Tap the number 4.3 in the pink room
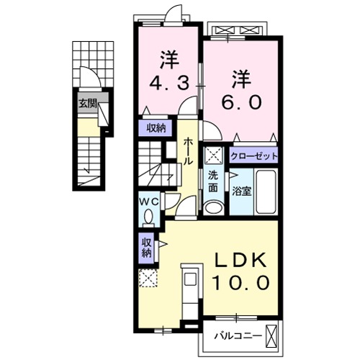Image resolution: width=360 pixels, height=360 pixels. (x=171, y=83)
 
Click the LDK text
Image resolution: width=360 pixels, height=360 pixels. (x=239, y=261)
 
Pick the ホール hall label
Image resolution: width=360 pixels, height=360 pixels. (x=188, y=151)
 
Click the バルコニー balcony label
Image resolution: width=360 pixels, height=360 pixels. (x=235, y=334)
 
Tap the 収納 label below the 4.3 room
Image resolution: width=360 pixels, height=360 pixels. (x=157, y=129)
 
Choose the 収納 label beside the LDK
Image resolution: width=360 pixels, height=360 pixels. (x=146, y=248)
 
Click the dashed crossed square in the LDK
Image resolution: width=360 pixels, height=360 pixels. (x=148, y=279)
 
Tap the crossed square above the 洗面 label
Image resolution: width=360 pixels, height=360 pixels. (x=212, y=156)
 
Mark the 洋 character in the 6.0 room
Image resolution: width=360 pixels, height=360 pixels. (x=241, y=76)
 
